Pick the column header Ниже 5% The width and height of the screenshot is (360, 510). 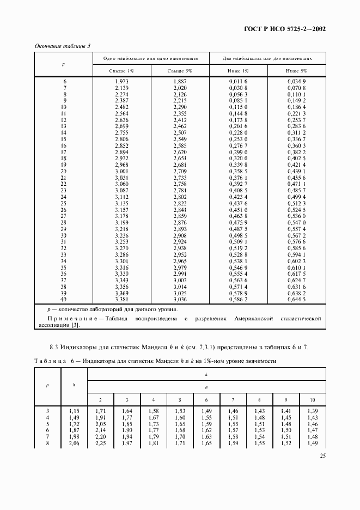click(297, 71)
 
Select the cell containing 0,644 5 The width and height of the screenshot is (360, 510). click(297, 299)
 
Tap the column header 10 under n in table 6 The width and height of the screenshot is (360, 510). click(312, 398)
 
